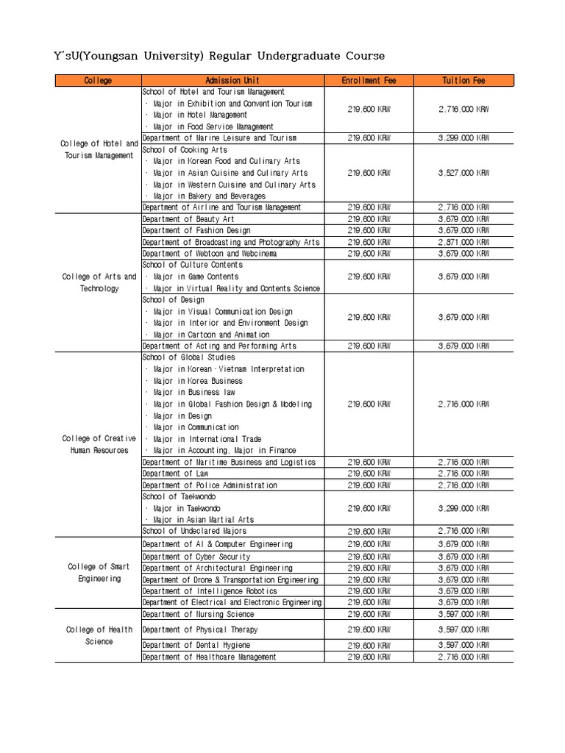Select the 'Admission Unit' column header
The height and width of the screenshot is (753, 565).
232,80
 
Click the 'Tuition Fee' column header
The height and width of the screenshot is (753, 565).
463,80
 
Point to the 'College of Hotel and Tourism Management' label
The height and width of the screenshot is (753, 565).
99,149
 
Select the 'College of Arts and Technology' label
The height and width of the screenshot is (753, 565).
99,282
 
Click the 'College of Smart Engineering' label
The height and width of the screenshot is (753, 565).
99,573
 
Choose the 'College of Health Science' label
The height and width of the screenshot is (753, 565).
99,635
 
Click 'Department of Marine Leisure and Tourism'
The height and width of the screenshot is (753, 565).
219,138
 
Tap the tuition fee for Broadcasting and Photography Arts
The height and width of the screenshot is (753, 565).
463,242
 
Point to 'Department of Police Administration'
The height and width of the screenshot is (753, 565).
210,485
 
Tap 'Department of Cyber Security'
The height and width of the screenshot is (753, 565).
196,557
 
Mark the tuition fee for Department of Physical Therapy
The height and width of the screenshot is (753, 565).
463,629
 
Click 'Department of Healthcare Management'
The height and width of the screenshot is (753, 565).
210,657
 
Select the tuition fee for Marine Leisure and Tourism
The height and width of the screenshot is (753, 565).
463,138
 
